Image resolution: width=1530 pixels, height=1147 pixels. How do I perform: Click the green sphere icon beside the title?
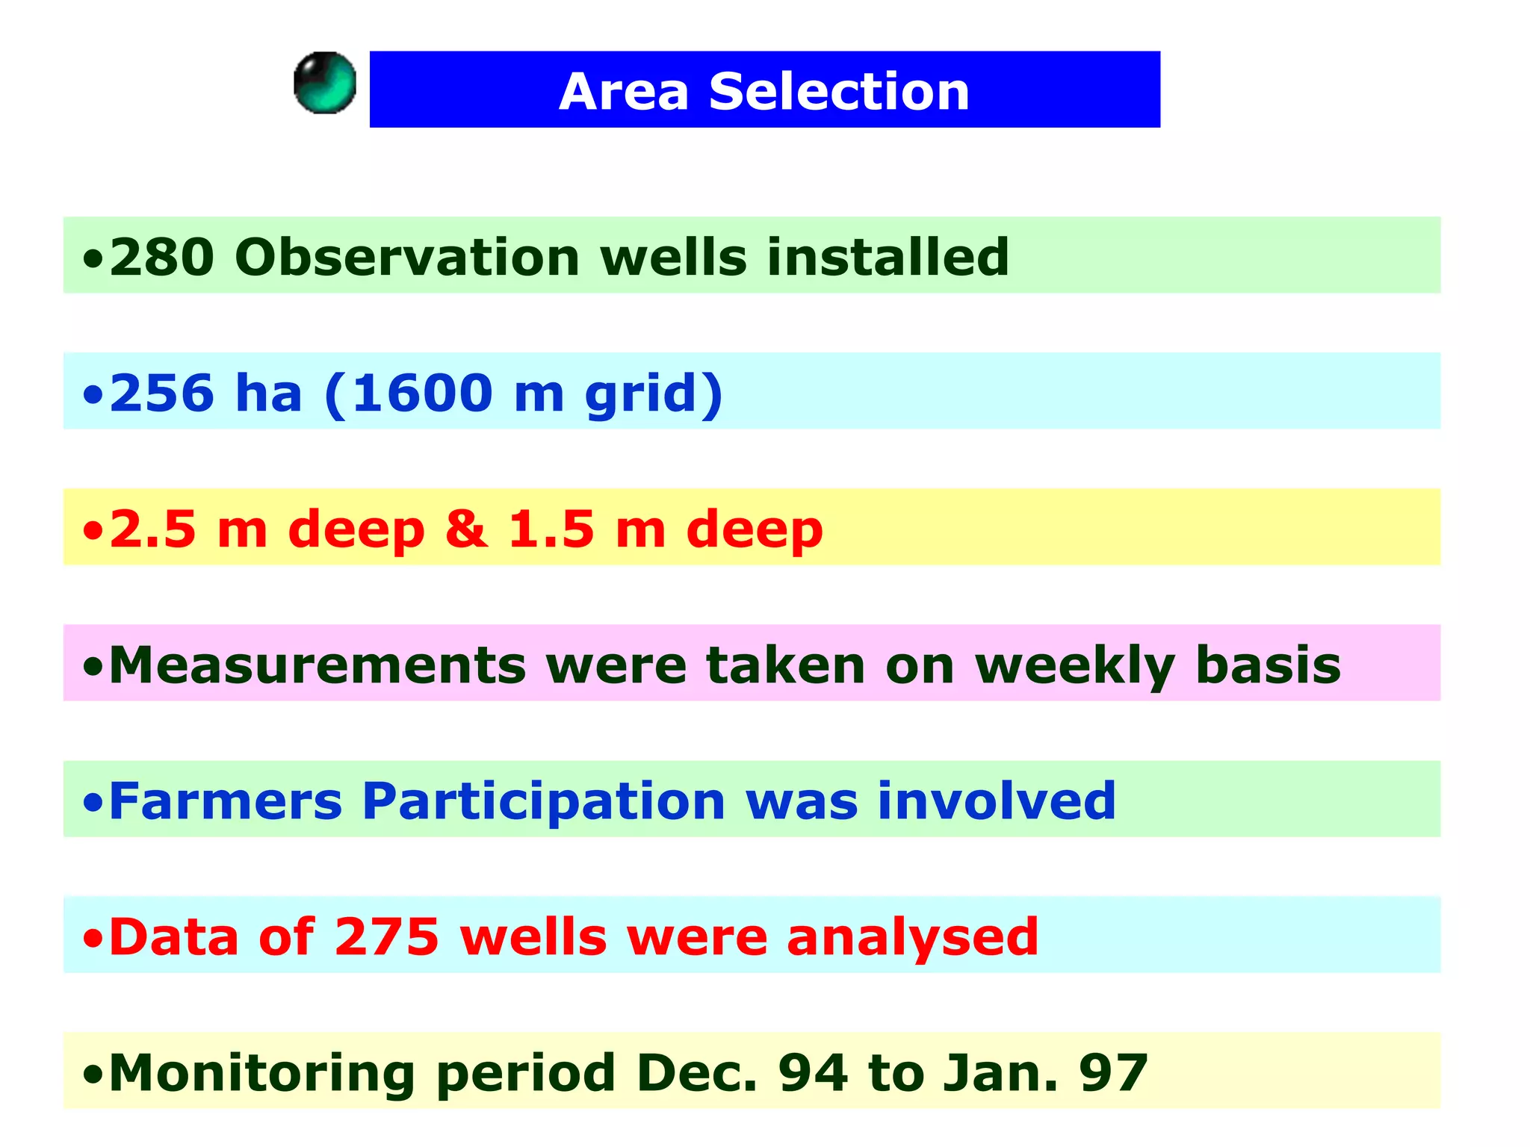point(325,83)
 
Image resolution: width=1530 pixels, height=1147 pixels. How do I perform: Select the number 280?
point(162,257)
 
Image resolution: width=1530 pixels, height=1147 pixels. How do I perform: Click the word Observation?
point(407,257)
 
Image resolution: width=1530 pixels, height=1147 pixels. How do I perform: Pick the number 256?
point(162,393)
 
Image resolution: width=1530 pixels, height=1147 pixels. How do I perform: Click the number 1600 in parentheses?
point(422,393)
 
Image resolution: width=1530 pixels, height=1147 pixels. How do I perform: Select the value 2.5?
point(152,529)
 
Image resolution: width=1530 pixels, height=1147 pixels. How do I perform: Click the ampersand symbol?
point(466,529)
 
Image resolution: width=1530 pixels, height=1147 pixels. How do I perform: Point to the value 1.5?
point(551,529)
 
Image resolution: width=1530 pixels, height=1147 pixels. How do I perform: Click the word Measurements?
point(318,665)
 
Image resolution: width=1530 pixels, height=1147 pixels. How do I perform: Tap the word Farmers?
point(226,801)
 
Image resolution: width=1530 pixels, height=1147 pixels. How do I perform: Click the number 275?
point(386,936)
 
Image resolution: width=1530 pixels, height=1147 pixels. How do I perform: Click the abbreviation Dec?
point(696,1072)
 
